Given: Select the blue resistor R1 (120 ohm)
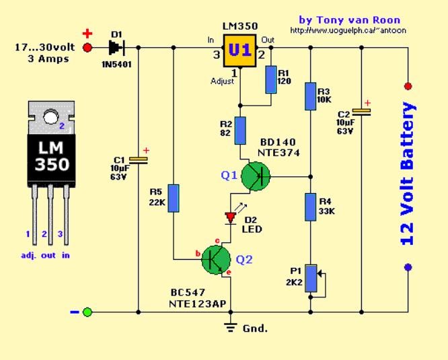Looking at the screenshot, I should (270, 79).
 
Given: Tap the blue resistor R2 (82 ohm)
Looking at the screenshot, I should (241, 131).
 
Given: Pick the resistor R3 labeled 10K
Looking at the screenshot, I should (310, 96).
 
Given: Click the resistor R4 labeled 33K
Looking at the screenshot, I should (310, 207).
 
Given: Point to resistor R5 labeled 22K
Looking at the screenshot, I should (174, 199).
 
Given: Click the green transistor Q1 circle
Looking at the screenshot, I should (256, 176).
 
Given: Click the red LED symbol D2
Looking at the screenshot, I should (231, 217).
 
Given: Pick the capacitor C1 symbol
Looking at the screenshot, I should (138, 159).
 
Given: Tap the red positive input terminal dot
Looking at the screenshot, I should (87, 48).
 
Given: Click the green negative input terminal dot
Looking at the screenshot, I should (87, 312).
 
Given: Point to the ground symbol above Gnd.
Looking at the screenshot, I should (231, 328).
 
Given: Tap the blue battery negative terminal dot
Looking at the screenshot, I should (408, 267).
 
